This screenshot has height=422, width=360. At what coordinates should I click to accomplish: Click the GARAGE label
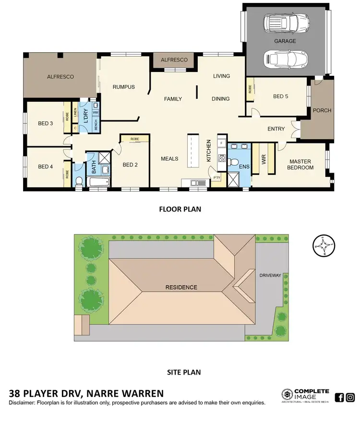point(285,41)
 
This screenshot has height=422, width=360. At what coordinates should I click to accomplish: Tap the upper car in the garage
point(286,22)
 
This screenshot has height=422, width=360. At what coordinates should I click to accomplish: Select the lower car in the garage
point(286,60)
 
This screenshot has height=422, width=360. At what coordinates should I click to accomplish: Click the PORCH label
point(322,110)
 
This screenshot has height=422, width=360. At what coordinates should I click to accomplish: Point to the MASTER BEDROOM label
point(300,164)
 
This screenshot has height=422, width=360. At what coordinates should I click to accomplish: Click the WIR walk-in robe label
point(264,160)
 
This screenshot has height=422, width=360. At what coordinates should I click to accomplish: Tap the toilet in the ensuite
point(234,162)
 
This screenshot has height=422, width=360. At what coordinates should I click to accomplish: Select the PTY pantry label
point(216,178)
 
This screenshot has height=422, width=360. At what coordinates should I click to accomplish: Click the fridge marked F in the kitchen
point(221,143)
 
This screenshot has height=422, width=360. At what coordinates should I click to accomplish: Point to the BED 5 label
point(281,96)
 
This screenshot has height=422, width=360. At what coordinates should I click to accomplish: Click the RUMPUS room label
point(123,87)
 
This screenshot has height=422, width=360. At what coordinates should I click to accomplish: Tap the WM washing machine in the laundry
point(95,112)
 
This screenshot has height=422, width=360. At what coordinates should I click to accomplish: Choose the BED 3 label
point(45,124)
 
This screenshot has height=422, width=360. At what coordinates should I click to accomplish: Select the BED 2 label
point(130,165)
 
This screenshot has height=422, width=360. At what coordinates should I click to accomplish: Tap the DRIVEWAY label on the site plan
point(269,276)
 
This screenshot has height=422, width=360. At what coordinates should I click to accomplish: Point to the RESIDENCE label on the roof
point(181,287)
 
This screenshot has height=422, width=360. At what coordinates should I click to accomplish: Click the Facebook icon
point(339,397)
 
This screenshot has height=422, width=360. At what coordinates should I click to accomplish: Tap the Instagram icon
point(350,397)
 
